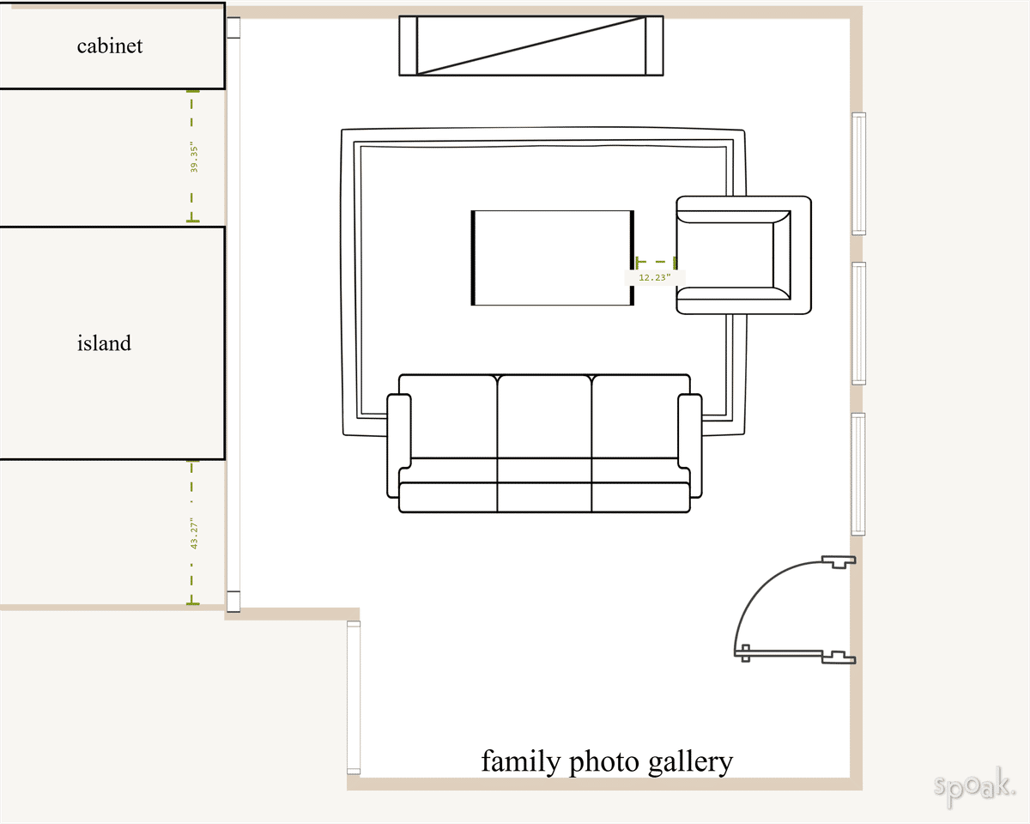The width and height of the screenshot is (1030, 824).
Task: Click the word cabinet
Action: click(x=110, y=45)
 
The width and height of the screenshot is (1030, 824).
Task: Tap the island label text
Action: click(x=104, y=343)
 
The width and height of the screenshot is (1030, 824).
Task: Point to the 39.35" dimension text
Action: click(x=195, y=159)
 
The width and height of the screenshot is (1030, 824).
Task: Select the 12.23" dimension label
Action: click(x=654, y=277)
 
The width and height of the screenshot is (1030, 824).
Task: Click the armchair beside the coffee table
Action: click(x=743, y=255)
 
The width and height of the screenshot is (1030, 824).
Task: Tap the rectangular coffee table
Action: click(x=553, y=257)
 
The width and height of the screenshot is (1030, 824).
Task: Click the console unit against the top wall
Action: click(x=530, y=45)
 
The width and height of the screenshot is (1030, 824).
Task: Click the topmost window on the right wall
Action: click(x=858, y=173)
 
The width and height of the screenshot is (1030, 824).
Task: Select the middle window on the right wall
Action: click(x=858, y=323)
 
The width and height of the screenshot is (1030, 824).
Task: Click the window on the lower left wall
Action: click(x=354, y=697)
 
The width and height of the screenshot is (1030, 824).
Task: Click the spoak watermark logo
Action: click(x=974, y=786)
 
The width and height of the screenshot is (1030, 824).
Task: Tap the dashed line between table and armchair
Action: click(x=656, y=261)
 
